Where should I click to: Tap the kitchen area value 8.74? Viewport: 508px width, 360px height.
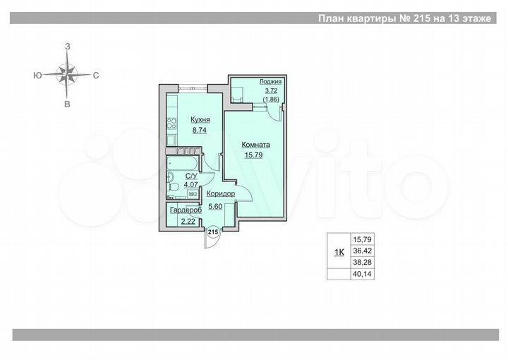pos(200,130)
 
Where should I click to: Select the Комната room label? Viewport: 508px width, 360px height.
pos(256,145)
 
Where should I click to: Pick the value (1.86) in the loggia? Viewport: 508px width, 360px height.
pos(271,100)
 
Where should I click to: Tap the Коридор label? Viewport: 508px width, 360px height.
pos(220,193)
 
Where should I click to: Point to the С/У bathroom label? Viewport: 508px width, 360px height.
pos(190,176)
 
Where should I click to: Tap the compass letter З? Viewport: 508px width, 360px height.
pos(67,46)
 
